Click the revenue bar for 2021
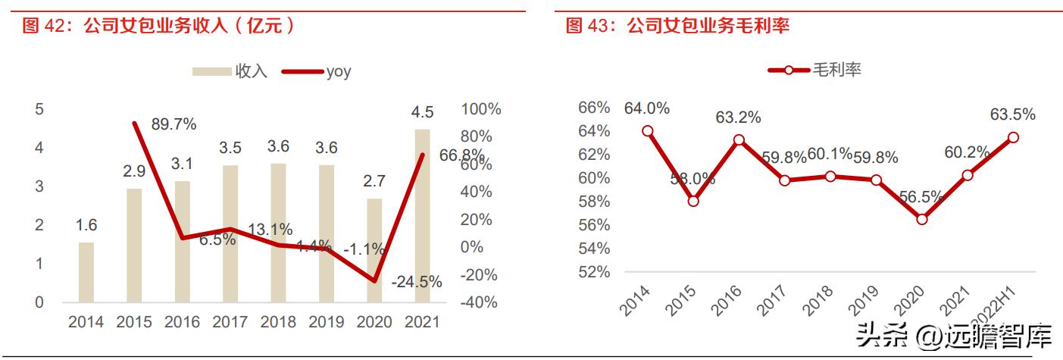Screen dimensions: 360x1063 coord(422,216)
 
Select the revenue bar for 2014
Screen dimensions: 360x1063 coord(86,272)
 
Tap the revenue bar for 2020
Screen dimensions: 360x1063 coord(374,250)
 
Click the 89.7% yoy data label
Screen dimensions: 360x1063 coord(174,124)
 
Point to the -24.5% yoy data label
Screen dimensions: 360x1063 coord(417,282)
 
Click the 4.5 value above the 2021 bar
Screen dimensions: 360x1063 coord(422,113)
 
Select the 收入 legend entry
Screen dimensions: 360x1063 coord(230,71)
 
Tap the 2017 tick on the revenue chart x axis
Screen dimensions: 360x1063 coord(230,321)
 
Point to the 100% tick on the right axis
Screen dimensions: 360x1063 coord(481,109)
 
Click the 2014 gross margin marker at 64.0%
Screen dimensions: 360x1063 coord(647,130)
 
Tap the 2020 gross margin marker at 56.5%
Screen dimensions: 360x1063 coord(921,219)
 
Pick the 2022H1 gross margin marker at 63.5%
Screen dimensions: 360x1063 coord(1013,137)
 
